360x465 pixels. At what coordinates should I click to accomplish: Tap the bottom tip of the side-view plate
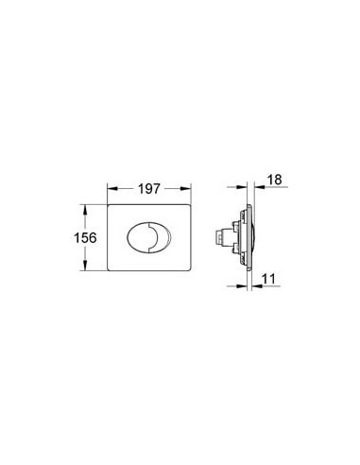[x=249, y=275]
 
